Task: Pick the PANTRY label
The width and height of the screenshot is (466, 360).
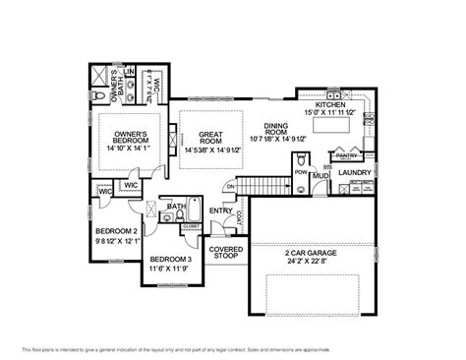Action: pos(345,155)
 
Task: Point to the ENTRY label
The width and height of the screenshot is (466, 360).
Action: pos(220,210)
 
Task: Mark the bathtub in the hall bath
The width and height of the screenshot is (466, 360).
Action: pos(193,211)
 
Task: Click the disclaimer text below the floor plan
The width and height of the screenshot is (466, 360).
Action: pos(232,349)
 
